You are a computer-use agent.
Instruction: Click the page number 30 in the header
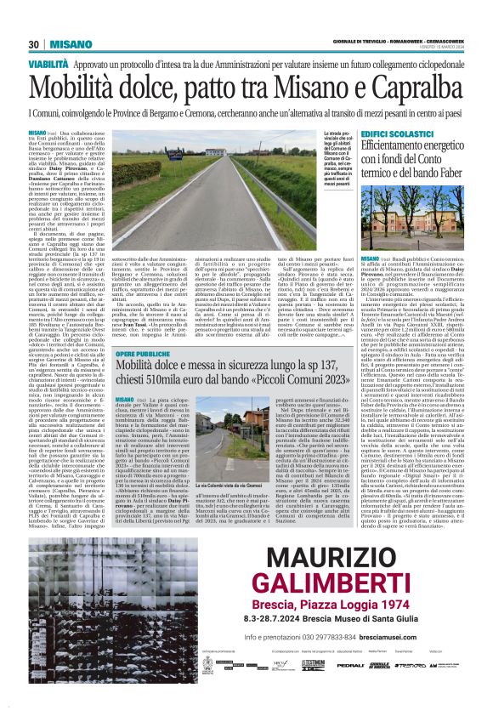point(34,44)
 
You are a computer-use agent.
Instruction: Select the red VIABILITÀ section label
point(48,64)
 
